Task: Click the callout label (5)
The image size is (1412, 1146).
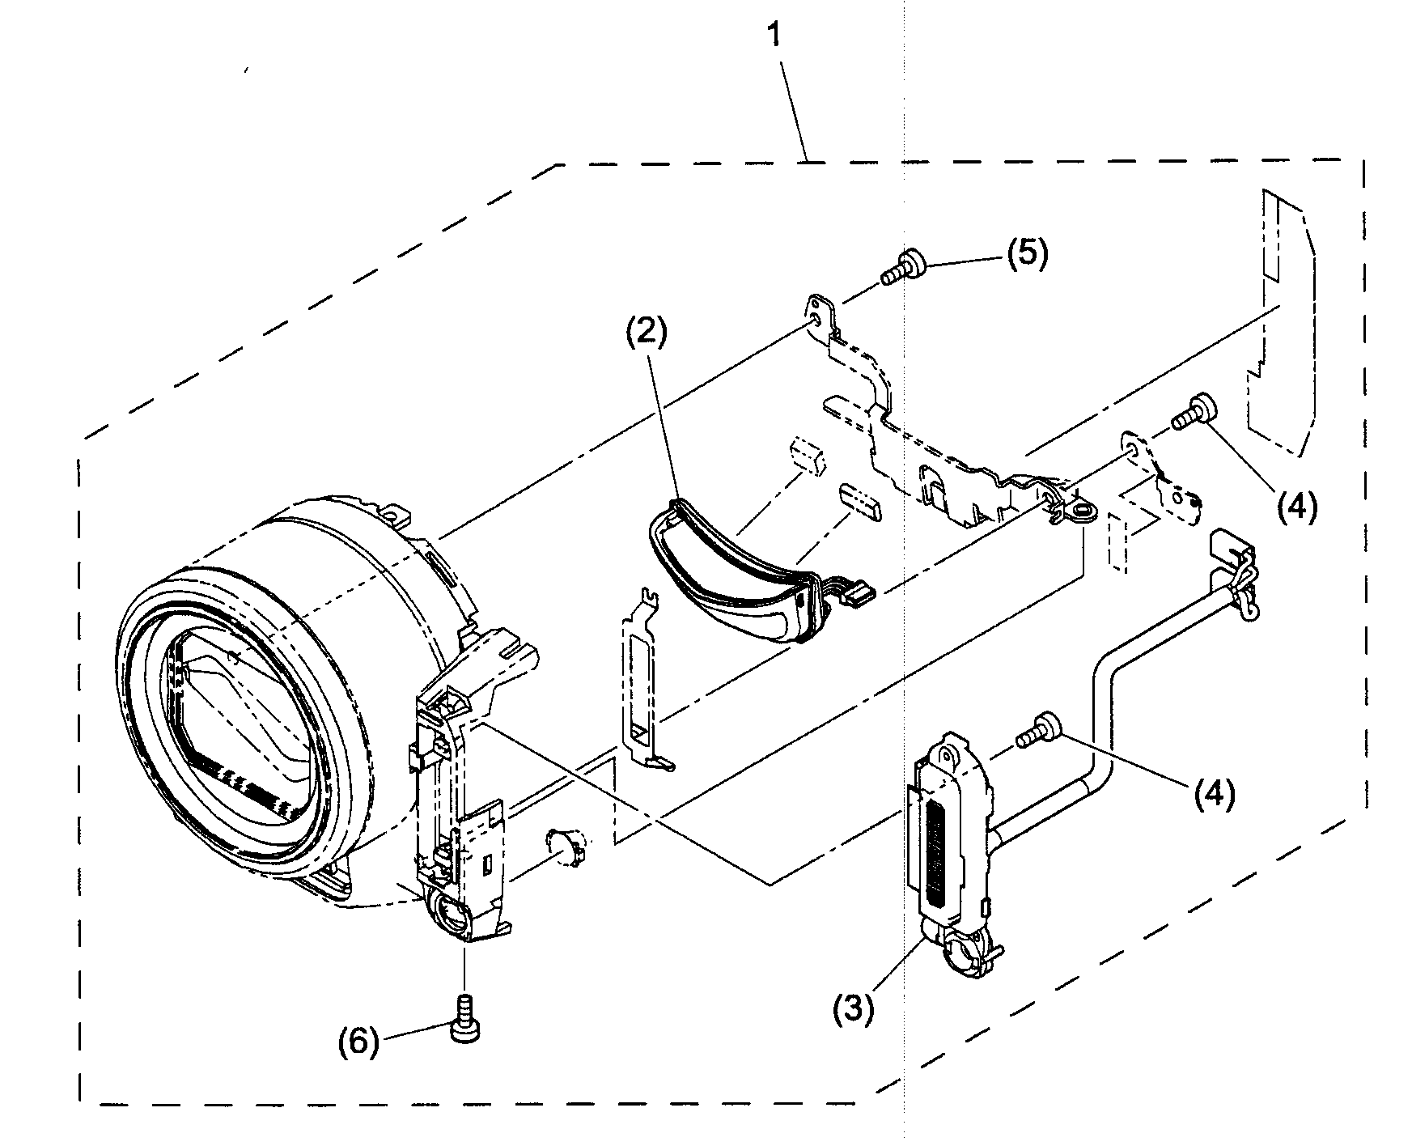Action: (1027, 253)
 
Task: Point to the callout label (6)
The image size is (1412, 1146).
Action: (358, 1043)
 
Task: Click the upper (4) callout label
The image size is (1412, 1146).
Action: (1297, 507)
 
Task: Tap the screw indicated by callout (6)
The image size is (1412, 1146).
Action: (464, 1016)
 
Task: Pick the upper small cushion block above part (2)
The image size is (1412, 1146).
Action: (807, 454)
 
